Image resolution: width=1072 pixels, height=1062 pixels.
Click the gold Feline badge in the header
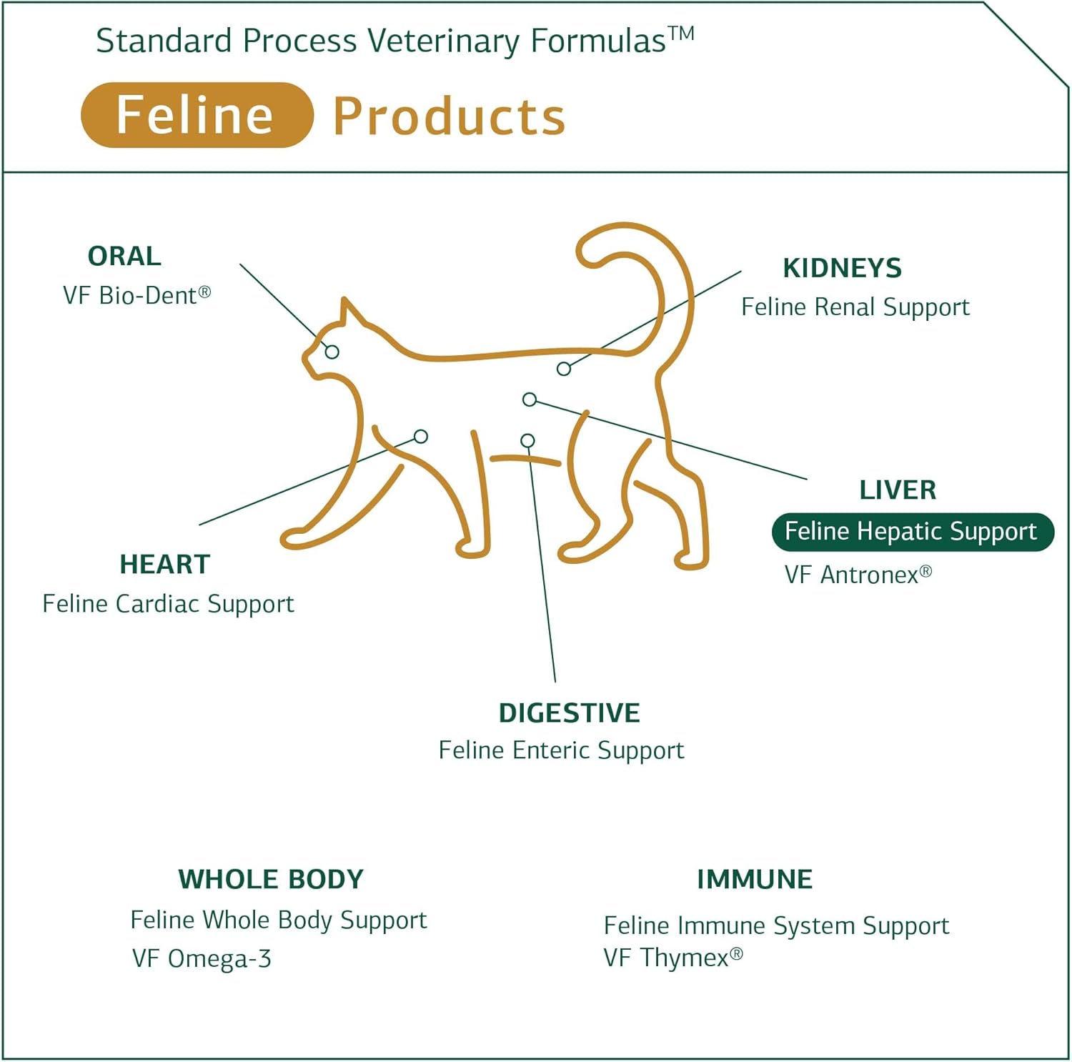point(197,115)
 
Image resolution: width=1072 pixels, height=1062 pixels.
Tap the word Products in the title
point(449,116)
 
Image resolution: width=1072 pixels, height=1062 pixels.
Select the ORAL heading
point(124,256)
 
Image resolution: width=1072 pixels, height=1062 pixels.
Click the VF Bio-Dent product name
point(136,295)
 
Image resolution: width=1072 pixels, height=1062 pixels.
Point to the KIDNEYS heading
point(842,268)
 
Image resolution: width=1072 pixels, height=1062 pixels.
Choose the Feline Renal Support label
point(855,307)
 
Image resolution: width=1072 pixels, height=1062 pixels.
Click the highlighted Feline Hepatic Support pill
point(912,532)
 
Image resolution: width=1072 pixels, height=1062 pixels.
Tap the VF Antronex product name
point(858,574)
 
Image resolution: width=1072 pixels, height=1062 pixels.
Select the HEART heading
point(164,564)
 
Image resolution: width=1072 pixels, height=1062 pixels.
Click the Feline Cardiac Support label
point(168,604)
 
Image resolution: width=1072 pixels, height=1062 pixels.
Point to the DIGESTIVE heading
point(569,713)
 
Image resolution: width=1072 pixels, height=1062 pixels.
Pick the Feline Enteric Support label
point(561,750)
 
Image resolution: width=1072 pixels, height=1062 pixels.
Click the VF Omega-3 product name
point(202,958)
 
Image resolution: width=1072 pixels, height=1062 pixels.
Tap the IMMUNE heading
point(755,879)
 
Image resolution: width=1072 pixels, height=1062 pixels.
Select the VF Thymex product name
point(673,957)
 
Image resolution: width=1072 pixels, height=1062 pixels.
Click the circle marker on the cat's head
point(332,352)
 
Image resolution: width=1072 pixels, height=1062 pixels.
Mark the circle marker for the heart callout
point(421,436)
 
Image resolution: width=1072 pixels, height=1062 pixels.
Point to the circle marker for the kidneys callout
point(564,369)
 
